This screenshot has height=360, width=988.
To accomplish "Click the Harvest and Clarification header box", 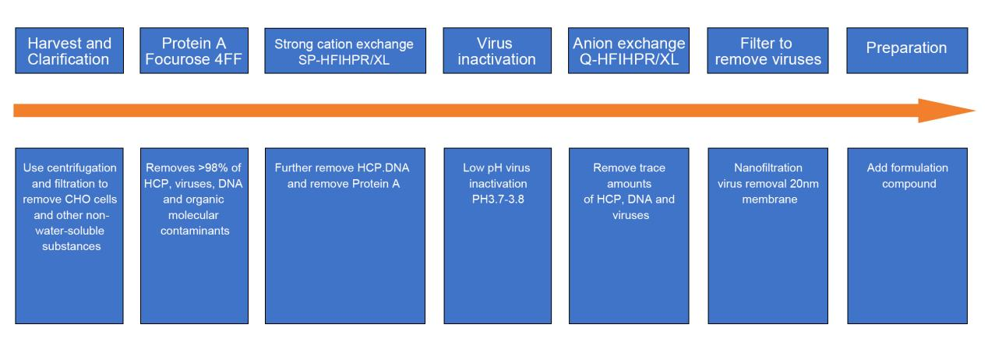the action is pos(69,51).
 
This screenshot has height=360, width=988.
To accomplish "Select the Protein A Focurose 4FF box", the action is pos(194,51).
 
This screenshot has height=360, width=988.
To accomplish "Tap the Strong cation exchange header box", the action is pos(345,51).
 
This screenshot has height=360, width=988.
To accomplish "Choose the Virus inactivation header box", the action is pos(497,51).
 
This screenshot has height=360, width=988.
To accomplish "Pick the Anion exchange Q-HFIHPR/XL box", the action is pos(629,51).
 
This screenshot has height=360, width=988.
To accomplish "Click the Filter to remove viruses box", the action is pos(767,51).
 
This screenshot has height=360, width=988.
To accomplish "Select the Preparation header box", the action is pos(907,51).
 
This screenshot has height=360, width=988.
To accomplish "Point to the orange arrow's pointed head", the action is pos(974,111).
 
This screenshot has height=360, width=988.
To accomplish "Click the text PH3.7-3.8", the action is pos(498,199).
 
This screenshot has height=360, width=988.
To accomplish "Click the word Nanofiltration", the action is pos(768,168).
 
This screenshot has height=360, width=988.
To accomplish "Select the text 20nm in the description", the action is pos(804,184).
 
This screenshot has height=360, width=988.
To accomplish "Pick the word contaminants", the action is pos(195,231).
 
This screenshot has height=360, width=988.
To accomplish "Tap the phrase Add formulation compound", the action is pos(908,175).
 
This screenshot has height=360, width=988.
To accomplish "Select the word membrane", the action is pos(770,199).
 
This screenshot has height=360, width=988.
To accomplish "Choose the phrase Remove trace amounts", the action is pos(629,175).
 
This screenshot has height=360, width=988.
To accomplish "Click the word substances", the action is pos(72,246).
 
